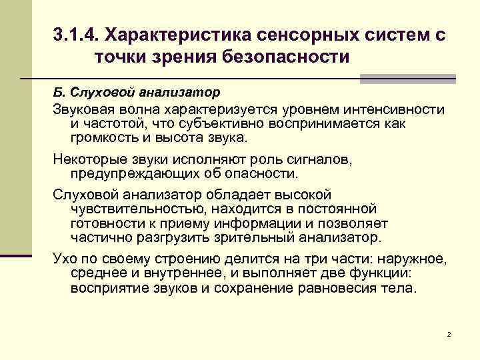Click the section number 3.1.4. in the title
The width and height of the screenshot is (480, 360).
(75, 34)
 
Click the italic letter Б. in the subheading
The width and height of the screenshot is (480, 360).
(58, 90)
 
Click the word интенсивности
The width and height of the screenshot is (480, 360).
(391, 109)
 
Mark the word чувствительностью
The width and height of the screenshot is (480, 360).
(131, 209)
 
